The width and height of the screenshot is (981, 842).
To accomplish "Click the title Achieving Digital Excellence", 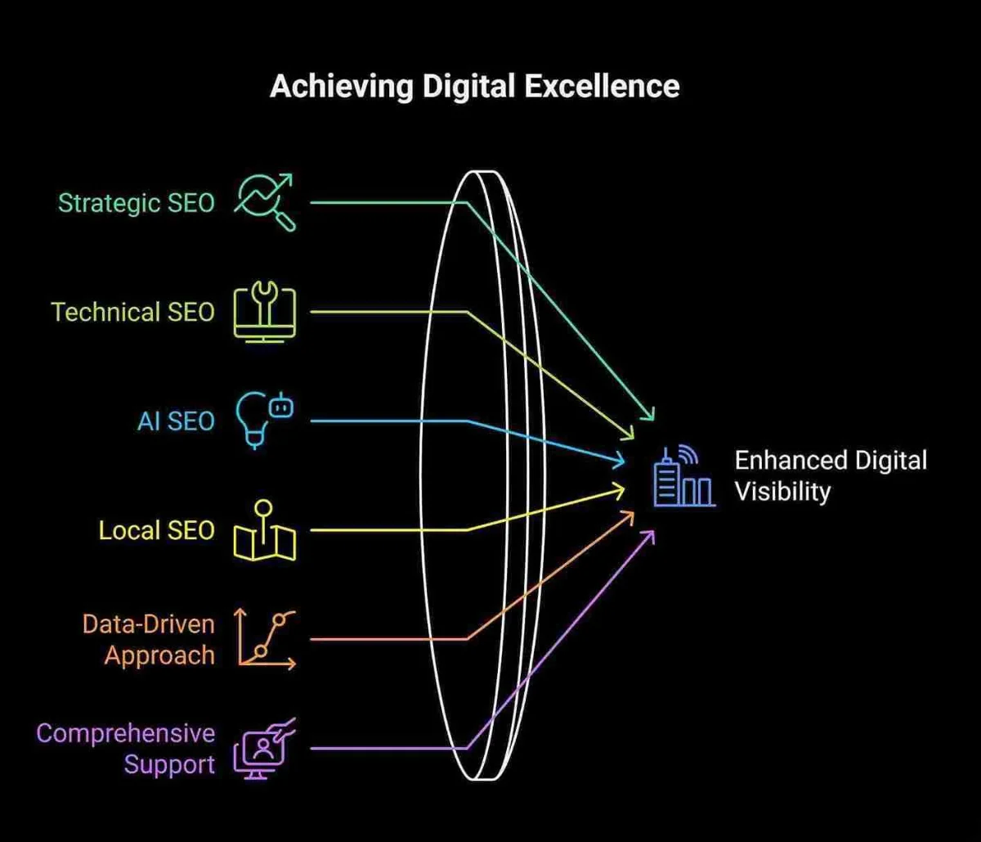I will [x=474, y=86].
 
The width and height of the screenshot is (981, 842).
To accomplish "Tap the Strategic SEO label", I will [x=136, y=203].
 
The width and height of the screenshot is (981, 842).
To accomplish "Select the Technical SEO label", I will [x=132, y=312].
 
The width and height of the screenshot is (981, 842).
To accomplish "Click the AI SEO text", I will [x=177, y=421].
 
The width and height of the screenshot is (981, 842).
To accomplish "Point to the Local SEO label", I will [x=156, y=530].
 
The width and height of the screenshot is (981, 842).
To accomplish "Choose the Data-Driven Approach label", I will [x=148, y=640].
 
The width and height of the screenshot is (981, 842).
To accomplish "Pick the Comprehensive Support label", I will [x=126, y=749].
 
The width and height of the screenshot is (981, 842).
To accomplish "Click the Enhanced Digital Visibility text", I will [x=831, y=475].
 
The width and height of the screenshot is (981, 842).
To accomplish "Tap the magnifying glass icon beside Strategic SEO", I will [x=265, y=202].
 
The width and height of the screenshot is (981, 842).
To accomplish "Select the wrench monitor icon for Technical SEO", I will [x=265, y=312].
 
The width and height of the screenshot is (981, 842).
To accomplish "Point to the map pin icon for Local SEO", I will [x=265, y=530].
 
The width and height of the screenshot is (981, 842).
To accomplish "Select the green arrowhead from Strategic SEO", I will [x=648, y=414].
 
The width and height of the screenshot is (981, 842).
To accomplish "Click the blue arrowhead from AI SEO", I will [x=619, y=462].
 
